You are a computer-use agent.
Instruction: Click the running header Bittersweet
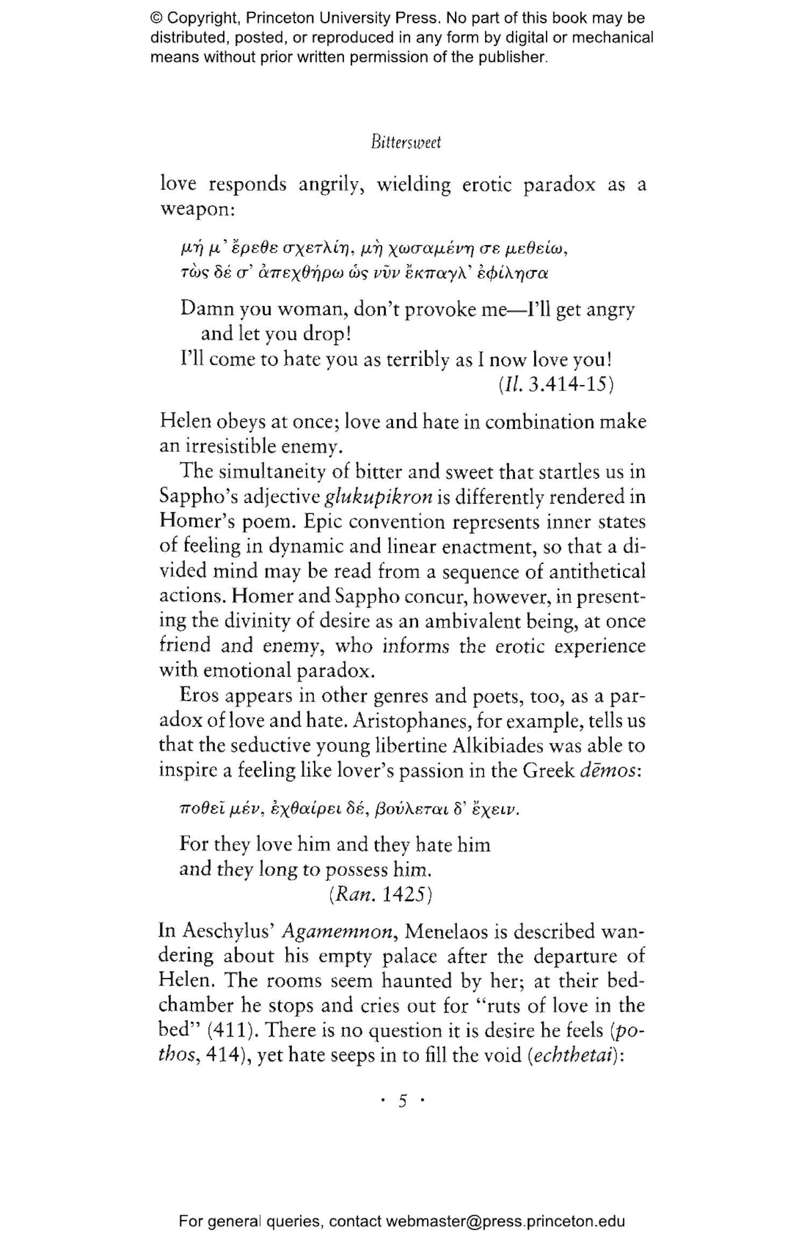(406, 143)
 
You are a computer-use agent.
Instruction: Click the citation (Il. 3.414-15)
(556, 384)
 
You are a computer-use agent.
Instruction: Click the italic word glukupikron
(379, 497)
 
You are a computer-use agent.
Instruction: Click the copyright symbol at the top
(157, 18)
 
